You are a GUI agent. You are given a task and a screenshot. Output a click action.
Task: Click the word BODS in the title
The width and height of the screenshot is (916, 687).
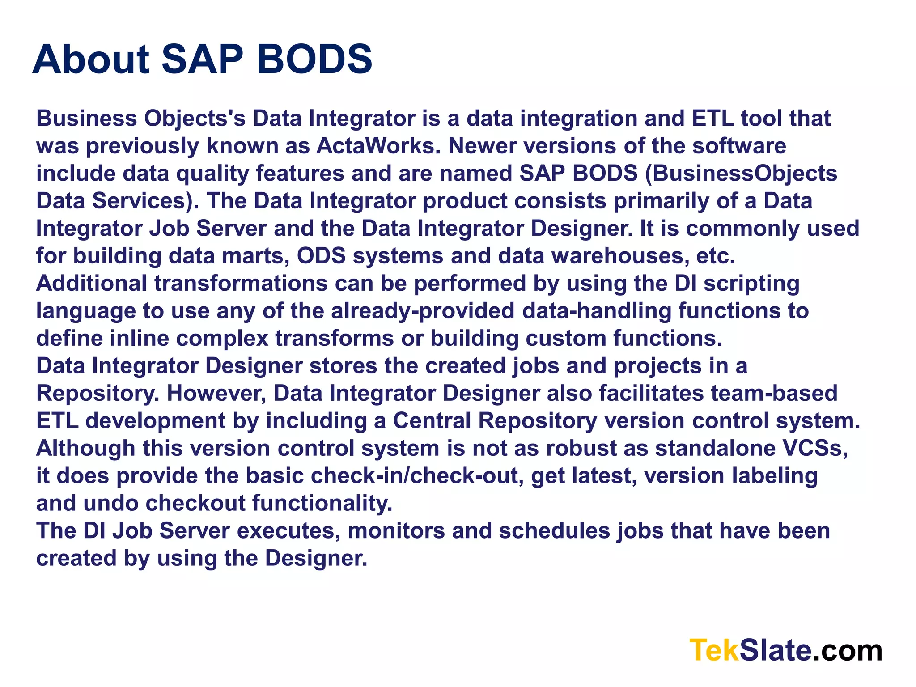pos(314,59)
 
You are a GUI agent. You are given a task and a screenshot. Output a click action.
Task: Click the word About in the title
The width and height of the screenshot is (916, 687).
pos(91,59)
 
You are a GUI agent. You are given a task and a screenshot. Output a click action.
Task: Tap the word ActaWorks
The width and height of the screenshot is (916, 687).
pos(375,146)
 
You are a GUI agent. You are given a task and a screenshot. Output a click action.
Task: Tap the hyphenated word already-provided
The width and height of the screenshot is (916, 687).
pos(423,311)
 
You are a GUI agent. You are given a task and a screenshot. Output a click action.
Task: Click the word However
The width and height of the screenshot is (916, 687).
pos(216,394)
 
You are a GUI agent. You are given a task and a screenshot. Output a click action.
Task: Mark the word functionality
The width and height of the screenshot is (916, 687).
pos(322,503)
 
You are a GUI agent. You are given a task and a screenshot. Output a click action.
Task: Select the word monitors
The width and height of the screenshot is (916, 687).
pos(396,531)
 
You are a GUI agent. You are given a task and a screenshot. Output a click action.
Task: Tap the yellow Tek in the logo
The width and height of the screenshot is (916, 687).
pos(714,650)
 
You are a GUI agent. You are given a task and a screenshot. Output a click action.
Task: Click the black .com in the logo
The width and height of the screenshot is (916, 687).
pos(847,650)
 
